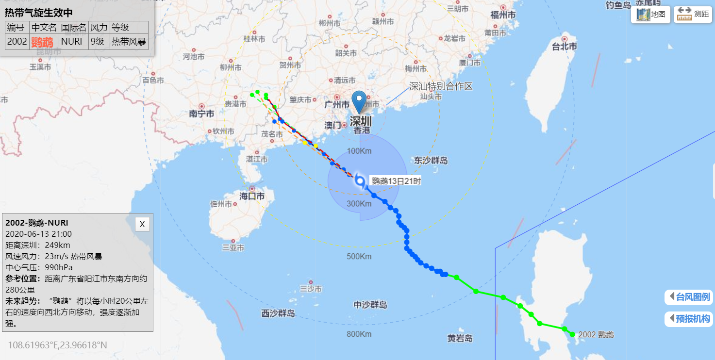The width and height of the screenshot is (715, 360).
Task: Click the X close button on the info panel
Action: (142, 224)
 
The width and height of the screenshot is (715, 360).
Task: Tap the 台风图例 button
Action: (689, 297)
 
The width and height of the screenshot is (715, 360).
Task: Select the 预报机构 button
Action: (689, 319)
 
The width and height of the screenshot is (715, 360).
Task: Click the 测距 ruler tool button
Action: (693, 15)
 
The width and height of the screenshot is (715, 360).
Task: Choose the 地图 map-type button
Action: (651, 15)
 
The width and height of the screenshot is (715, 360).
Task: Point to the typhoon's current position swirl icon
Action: (360, 181)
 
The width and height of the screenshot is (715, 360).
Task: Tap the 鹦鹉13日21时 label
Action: (396, 181)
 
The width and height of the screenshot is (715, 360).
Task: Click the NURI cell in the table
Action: (72, 41)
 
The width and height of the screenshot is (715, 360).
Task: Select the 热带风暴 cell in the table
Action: (129, 41)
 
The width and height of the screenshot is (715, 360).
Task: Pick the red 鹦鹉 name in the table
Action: (42, 42)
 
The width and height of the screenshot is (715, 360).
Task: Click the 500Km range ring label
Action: (359, 256)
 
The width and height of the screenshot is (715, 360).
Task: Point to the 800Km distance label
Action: (359, 334)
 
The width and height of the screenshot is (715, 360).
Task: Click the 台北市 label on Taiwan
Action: (565, 47)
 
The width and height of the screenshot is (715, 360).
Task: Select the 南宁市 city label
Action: (202, 114)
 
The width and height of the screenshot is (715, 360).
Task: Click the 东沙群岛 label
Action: (431, 160)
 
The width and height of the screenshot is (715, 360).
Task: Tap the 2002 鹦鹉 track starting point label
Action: (596, 334)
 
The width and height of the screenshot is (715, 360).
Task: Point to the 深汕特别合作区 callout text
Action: (441, 86)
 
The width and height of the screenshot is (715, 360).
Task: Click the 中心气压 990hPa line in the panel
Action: (39, 267)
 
